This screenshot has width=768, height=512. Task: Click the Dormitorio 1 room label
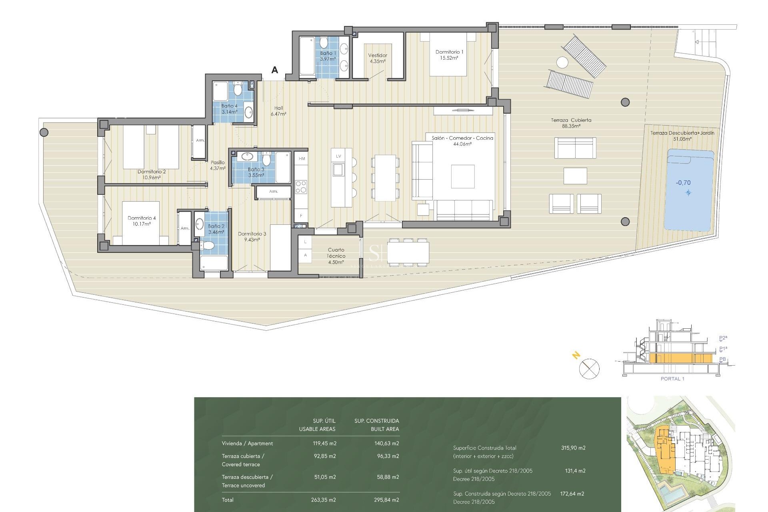tap(449, 54)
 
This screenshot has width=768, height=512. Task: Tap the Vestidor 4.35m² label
tap(377, 58)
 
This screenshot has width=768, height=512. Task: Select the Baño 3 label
tap(256, 172)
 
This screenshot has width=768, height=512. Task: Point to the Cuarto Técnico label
tap(336, 256)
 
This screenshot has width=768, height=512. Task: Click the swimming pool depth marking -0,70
tap(683, 183)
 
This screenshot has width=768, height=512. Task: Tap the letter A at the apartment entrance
tap(274, 70)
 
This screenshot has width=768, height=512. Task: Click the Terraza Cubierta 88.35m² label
tap(571, 123)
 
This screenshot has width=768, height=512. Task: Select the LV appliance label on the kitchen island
tap(338, 156)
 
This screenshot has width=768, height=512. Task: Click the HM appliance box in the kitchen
tap(302, 159)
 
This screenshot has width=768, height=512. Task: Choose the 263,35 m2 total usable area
tap(323, 500)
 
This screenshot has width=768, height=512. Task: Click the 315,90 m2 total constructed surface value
tap(573, 448)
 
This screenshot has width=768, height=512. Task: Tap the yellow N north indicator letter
tap(576, 355)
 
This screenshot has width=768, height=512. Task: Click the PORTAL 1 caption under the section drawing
tap(672, 378)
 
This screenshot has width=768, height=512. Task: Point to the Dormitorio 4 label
tap(142, 221)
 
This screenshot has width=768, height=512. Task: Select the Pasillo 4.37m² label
tap(218, 165)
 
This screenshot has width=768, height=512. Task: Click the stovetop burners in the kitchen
tap(301, 187)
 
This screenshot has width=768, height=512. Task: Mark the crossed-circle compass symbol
tap(589, 368)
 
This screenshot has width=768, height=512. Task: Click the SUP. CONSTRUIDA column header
tap(376, 421)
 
